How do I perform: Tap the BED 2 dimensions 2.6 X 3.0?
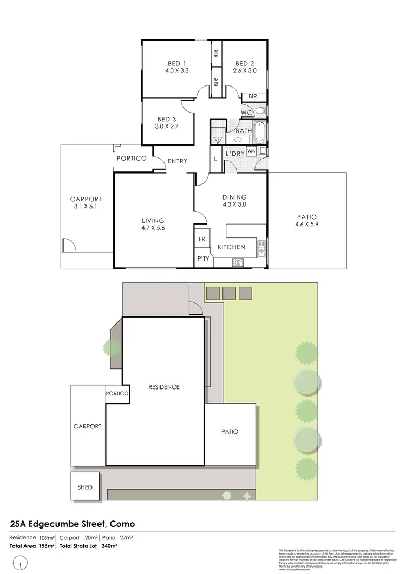245,71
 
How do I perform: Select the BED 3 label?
167,119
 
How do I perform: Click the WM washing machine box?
251,151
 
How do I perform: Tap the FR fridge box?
202,239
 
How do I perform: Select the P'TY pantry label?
203,259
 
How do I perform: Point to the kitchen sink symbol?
261,248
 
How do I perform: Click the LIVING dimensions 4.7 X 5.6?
153,228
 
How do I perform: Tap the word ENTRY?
178,161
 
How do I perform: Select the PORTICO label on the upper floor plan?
132,159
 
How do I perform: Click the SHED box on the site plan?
85,487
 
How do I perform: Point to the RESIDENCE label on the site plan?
164,387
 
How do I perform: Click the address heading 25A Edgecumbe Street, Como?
73,524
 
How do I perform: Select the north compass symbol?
20,564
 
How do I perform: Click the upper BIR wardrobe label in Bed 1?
216,53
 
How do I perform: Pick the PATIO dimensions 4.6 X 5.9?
306,225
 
